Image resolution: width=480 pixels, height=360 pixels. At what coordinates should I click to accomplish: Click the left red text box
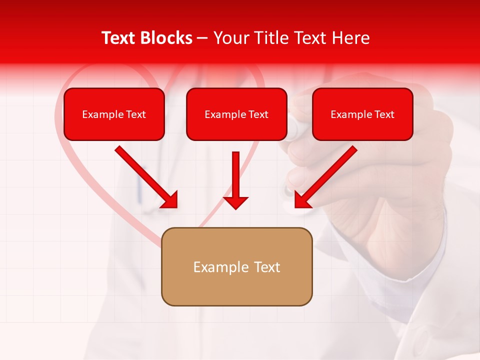click(x=114, y=114)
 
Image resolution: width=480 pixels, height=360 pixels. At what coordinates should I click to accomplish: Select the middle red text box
click(x=236, y=114)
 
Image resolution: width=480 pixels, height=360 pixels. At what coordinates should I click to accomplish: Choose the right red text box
click(x=362, y=114)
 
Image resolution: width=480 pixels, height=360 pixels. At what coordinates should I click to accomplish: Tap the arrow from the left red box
click(x=145, y=175)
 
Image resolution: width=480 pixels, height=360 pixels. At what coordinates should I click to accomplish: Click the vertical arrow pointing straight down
click(x=235, y=175)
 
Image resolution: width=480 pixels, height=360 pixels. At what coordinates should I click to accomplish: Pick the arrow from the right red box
click(x=327, y=175)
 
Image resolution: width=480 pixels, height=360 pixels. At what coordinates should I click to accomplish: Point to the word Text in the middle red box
click(x=258, y=114)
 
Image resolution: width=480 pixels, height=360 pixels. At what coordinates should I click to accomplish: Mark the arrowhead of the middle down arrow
click(x=235, y=202)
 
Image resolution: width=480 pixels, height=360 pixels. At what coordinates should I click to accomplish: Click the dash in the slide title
click(x=202, y=38)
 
